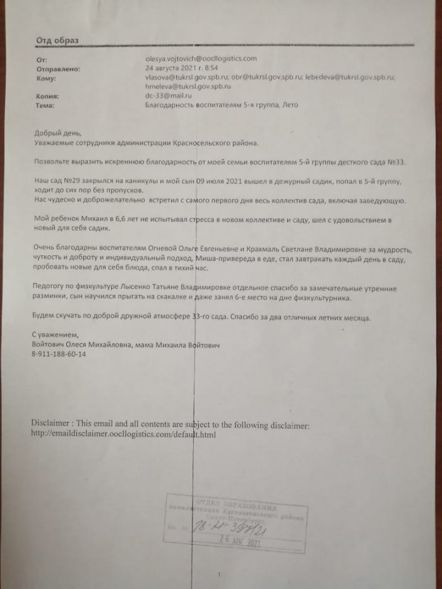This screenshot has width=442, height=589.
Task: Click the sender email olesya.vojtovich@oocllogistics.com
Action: [x=201, y=58]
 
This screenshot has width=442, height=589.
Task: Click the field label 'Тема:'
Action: [x=47, y=106]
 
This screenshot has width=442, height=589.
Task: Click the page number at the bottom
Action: [x=218, y=574]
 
